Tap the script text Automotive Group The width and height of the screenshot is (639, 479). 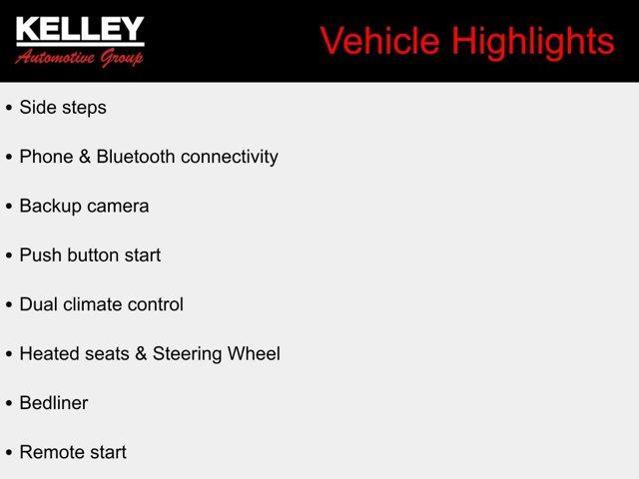80,57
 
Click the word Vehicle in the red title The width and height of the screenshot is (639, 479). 380,41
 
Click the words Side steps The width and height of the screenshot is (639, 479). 63,108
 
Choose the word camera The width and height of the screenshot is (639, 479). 118,207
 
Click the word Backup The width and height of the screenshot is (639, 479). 50,207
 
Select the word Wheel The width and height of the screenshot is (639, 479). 255,353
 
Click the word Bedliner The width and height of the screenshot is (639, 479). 54,403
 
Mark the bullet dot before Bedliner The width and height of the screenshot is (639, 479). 9,404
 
